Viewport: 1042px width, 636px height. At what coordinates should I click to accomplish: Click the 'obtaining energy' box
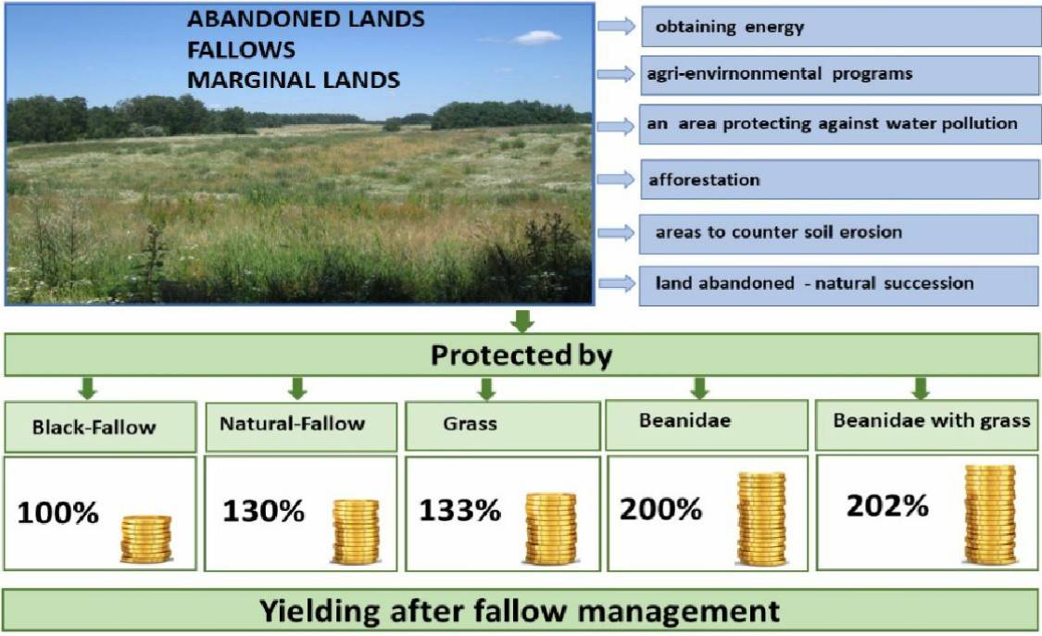tap(841, 27)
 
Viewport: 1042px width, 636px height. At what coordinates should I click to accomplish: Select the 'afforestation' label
tap(705, 180)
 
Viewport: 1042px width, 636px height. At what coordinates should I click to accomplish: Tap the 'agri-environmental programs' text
tap(780, 74)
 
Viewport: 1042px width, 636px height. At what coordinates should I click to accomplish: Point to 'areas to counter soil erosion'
tap(779, 231)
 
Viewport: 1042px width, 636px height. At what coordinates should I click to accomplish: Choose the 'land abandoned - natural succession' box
tap(838, 286)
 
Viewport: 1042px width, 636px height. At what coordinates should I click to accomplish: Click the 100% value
tap(57, 513)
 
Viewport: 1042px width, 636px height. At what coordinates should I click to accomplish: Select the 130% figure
tap(263, 510)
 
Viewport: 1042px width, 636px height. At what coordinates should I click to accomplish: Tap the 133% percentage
tap(459, 510)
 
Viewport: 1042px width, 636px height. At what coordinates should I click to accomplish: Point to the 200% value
tap(660, 509)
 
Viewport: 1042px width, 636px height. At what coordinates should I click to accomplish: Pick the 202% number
tap(887, 505)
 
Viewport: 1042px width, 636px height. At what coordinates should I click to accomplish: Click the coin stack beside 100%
tap(146, 539)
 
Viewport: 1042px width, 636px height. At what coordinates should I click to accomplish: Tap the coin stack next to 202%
tap(990, 515)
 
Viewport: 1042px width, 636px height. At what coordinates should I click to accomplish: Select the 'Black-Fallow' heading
tap(94, 427)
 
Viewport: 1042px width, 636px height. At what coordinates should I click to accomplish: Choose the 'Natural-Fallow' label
tap(293, 424)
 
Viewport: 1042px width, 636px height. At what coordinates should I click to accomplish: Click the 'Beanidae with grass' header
tap(932, 420)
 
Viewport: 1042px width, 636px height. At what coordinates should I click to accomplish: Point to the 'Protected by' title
tap(521, 355)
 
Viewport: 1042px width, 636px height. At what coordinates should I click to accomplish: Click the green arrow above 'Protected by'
tap(522, 321)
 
